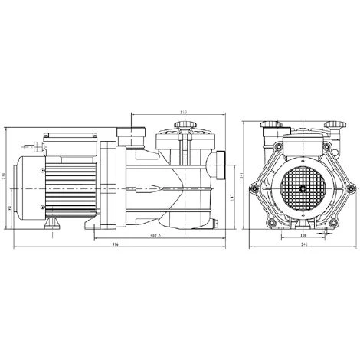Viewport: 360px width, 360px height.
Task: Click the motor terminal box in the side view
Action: click(x=69, y=142)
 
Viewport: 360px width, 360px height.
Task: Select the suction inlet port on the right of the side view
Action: click(x=220, y=165)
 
